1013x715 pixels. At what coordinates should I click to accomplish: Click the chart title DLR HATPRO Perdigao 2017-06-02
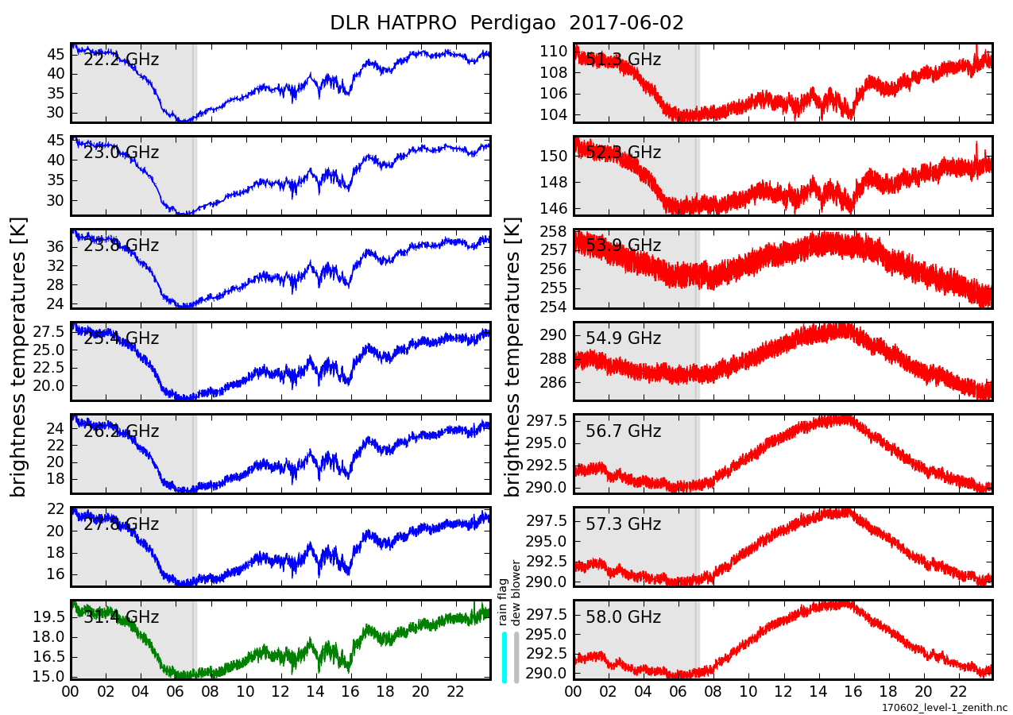506,23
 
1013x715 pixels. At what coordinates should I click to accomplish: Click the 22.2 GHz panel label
121,60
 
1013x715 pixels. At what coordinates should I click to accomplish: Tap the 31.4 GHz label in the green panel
121,617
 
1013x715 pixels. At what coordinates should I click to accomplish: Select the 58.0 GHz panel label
623,617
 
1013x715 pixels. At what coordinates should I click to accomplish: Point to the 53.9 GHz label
623,245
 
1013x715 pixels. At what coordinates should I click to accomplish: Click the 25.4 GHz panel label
121,338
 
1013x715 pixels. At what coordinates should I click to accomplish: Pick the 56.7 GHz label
623,431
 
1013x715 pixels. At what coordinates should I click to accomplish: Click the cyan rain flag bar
505,657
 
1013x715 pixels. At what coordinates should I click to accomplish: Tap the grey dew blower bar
516,657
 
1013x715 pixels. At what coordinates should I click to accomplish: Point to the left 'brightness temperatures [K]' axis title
19,357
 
